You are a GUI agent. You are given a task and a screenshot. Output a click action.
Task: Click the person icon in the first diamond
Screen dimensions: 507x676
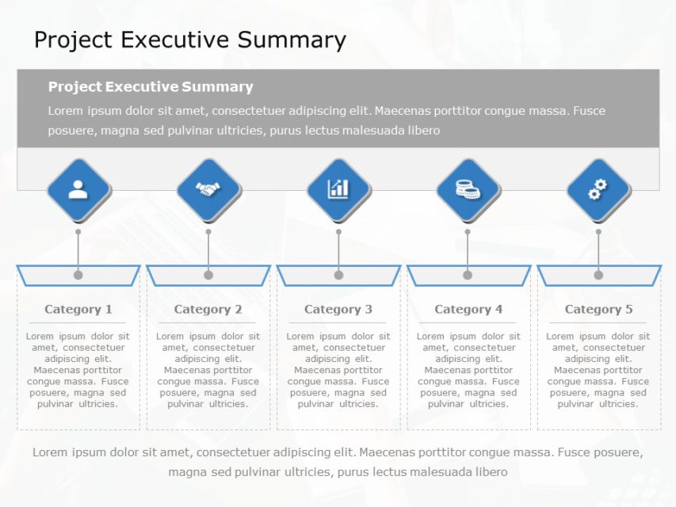coord(78,189)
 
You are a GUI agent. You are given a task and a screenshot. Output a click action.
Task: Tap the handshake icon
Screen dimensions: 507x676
coord(208,189)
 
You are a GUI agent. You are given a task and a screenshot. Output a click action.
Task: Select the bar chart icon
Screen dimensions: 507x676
coord(338,189)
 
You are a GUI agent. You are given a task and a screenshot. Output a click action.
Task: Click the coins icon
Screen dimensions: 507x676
coord(468,189)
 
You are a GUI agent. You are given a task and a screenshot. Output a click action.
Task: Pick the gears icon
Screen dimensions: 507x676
coord(598,189)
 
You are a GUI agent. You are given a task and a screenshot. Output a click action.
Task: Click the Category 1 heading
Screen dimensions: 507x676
coord(78,310)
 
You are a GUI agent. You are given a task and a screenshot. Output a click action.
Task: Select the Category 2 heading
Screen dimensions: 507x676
coord(208,310)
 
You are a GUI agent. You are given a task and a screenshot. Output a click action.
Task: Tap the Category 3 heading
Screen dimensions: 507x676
coord(338,310)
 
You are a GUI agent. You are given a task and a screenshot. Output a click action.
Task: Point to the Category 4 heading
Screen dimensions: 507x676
coord(468,310)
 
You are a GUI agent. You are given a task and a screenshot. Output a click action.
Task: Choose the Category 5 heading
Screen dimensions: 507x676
coord(598,310)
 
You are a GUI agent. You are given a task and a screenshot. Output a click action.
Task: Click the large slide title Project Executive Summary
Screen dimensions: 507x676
coord(190,40)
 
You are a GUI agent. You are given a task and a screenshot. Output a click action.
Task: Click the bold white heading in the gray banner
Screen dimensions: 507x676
coord(151,87)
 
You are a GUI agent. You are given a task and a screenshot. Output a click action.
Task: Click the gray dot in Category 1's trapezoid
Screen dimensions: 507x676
coord(78,275)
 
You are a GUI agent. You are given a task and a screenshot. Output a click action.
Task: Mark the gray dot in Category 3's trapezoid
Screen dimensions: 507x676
coord(338,275)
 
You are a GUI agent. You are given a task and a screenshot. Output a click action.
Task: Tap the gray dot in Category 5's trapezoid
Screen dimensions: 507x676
coord(598,275)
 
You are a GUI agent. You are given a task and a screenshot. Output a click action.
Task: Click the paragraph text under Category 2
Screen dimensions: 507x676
coord(208,370)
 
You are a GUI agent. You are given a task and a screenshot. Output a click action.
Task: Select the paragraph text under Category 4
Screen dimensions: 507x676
coord(468,370)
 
